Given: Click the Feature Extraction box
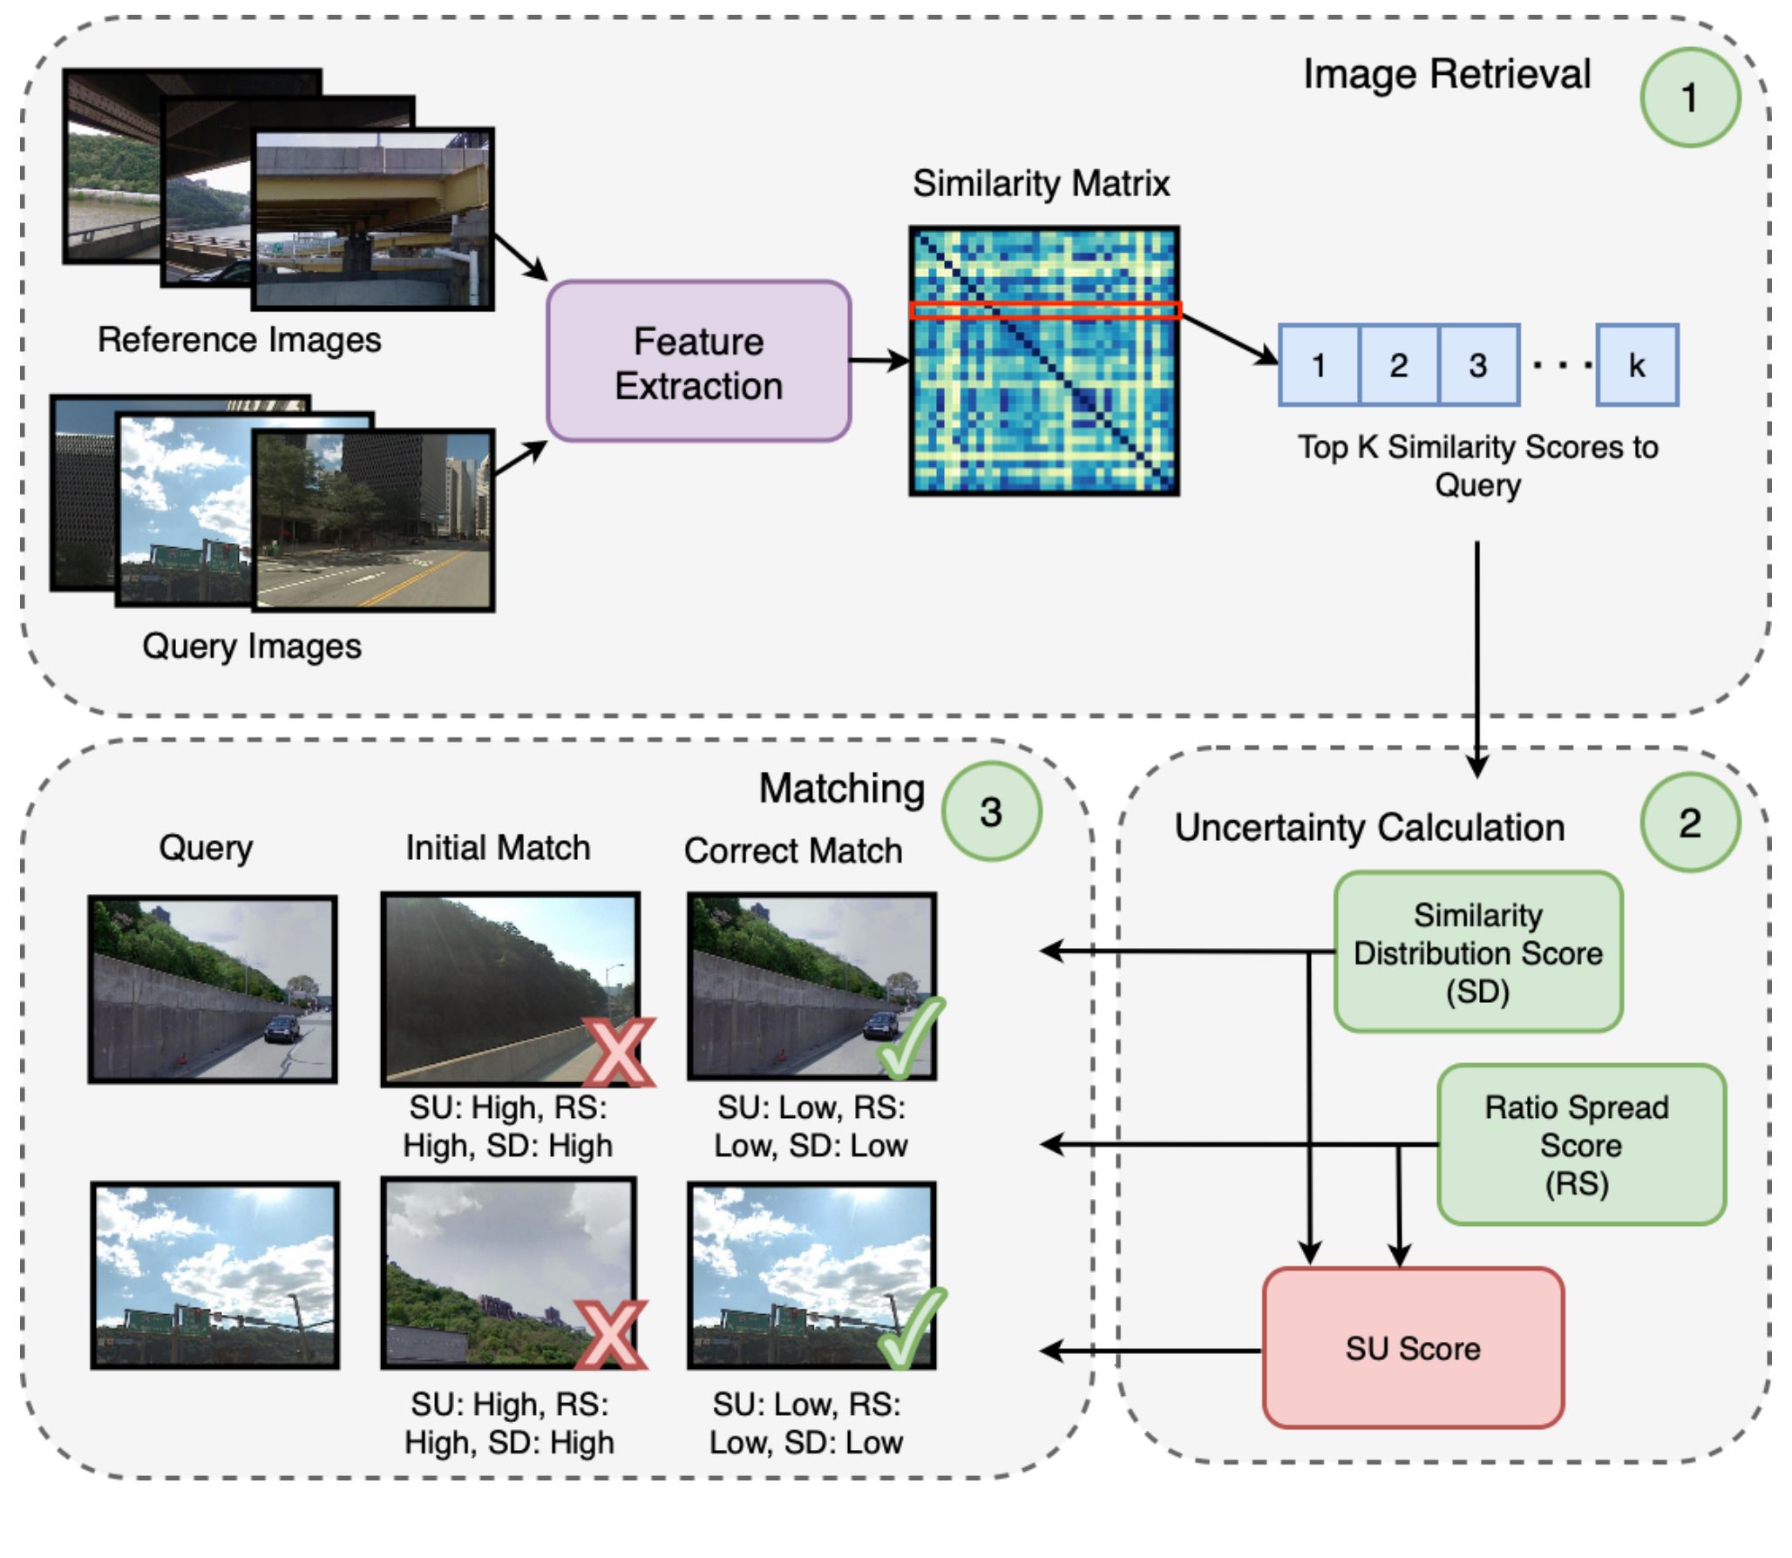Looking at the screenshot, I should click(x=698, y=362).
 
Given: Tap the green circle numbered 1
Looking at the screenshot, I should click(x=1689, y=98).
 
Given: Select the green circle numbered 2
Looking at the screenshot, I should click(x=1689, y=823).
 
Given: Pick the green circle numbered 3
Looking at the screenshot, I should click(x=991, y=812).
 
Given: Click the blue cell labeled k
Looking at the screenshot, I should click(x=1636, y=365).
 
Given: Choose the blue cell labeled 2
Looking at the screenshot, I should click(x=1398, y=365).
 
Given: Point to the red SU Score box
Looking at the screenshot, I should click(x=1412, y=1348).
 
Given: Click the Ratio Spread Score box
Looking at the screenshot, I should click(x=1580, y=1144).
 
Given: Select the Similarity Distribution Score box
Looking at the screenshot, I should click(x=1477, y=952).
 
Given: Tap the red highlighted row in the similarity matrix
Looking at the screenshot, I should click(x=1044, y=310).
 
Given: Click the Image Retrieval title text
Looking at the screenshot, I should click(x=1446, y=74).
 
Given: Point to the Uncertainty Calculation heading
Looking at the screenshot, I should click(x=1368, y=828).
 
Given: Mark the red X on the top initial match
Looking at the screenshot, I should click(x=619, y=1052).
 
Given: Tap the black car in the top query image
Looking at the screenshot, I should click(x=282, y=1027).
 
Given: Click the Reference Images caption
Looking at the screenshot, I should click(x=239, y=340).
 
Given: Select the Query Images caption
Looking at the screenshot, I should click(x=251, y=647).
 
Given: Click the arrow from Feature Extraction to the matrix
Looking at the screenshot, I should click(x=879, y=360).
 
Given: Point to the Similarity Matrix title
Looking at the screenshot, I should click(x=1041, y=184).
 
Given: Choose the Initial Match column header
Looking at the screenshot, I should click(x=498, y=848).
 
